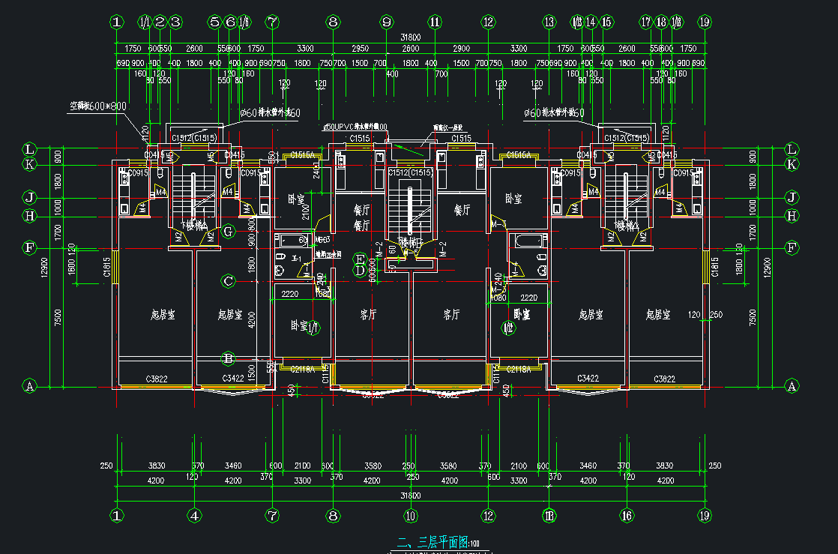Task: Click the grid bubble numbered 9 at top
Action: pyautogui.click(x=387, y=22)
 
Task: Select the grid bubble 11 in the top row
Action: pyautogui.click(x=435, y=22)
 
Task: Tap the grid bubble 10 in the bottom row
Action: pyautogui.click(x=410, y=515)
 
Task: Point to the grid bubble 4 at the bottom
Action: pyautogui.click(x=194, y=515)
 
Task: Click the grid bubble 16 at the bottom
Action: pyautogui.click(x=627, y=515)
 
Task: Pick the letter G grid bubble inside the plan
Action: pyautogui.click(x=229, y=231)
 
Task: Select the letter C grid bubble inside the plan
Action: pyautogui.click(x=229, y=281)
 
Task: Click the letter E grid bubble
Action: pyautogui.click(x=360, y=257)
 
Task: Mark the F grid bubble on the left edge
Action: pyautogui.click(x=30, y=247)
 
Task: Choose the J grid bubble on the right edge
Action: pyautogui.click(x=792, y=198)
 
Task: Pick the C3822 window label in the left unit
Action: pyautogui.click(x=157, y=379)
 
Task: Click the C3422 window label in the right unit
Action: pyautogui.click(x=588, y=379)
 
